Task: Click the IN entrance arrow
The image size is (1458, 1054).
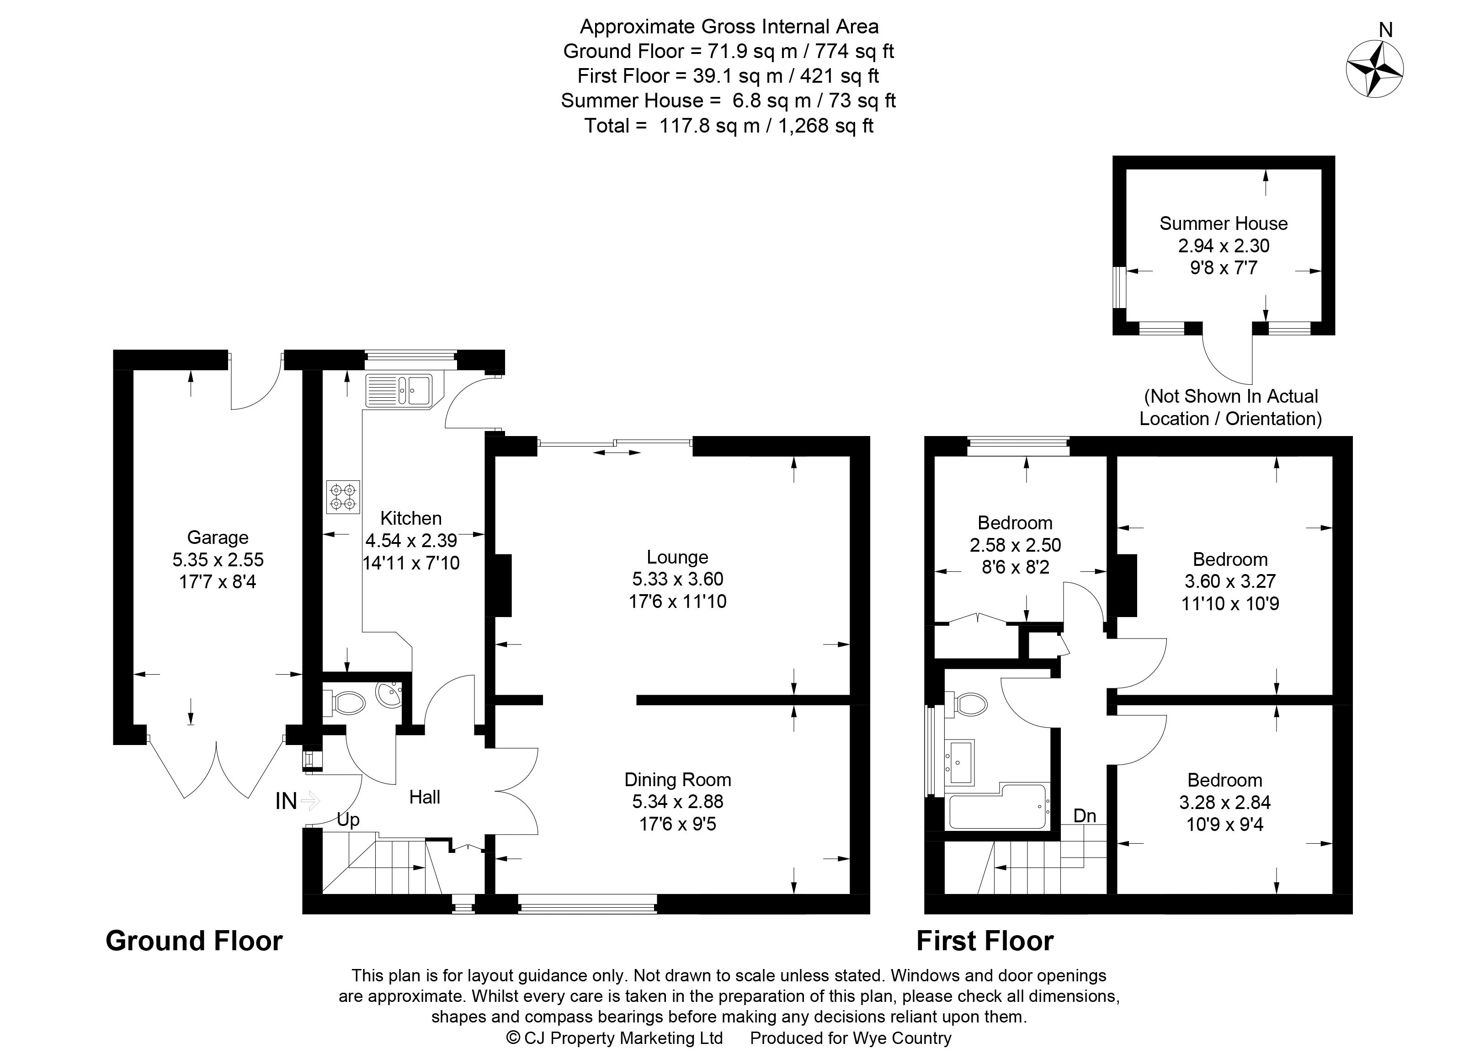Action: pos(310,801)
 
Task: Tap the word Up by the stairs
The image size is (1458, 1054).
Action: pos(348,820)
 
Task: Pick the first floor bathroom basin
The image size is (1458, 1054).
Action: pos(960,761)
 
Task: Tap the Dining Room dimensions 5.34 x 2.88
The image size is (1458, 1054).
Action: pos(677,801)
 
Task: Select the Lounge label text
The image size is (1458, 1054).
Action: pos(677,557)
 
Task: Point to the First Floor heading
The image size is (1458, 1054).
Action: pos(984,941)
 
